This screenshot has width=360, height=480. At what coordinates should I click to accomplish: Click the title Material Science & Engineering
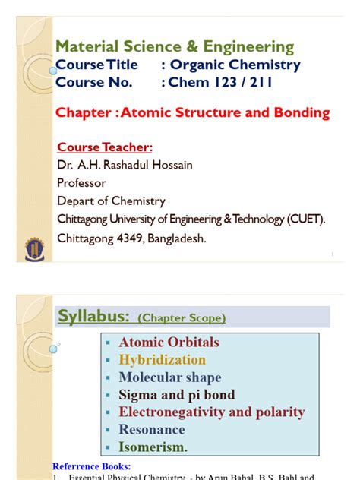coord(175,46)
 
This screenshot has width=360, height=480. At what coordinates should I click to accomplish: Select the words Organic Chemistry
coord(235,65)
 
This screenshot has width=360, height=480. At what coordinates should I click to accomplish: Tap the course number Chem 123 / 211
coord(220,82)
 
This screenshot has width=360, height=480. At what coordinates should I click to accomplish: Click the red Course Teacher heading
coord(105,147)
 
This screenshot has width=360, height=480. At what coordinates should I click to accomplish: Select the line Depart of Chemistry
coord(111,201)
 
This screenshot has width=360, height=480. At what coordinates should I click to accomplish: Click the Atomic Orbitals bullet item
coord(169,343)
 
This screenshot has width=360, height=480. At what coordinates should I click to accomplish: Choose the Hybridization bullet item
coord(162,360)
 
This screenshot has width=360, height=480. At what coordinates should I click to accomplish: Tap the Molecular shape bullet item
coord(170,377)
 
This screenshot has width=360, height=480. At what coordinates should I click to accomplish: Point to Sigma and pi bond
coord(176,395)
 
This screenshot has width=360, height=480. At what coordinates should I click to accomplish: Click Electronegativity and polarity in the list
coord(211,412)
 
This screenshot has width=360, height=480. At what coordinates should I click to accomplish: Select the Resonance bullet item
coord(152,430)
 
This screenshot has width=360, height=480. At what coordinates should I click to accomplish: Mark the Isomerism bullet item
coord(153,447)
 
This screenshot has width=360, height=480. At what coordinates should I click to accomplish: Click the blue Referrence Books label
coord(91,466)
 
